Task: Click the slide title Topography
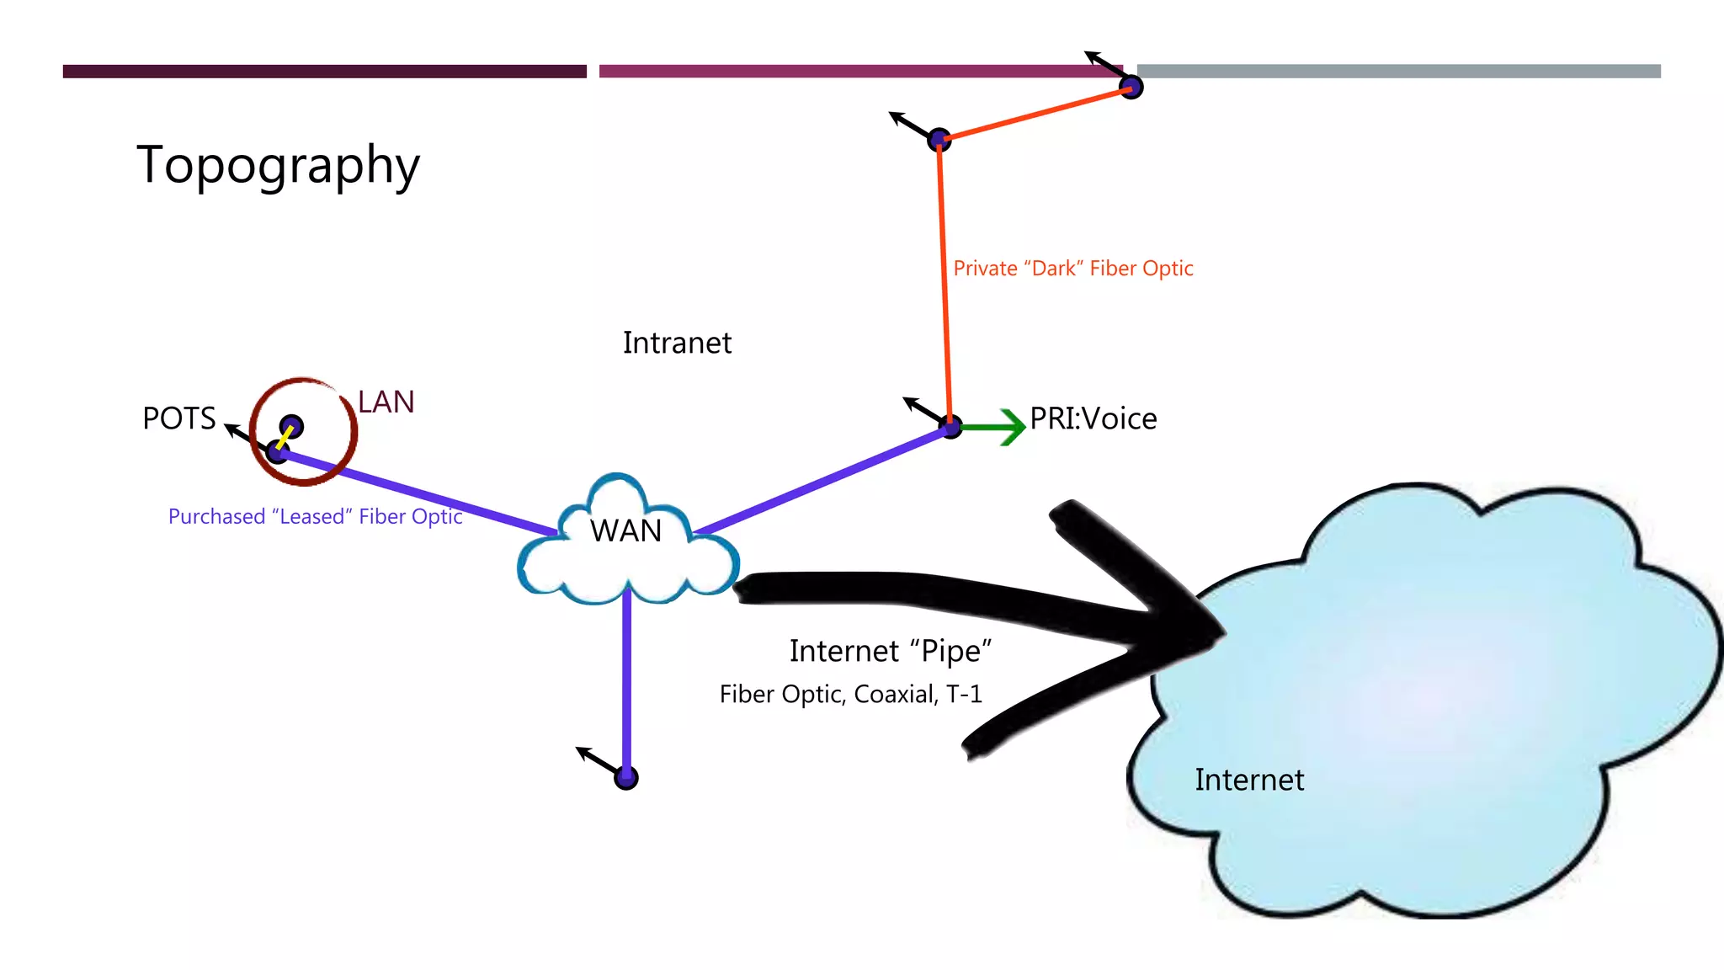[278, 166]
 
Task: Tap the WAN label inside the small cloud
[625, 531]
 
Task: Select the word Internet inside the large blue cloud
[1249, 780]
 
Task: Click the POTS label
[179, 418]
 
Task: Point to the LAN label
[386, 402]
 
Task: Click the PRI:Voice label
[1093, 418]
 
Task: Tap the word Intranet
[677, 344]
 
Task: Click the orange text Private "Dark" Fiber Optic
[1073, 269]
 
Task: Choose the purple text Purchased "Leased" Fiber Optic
[316, 516]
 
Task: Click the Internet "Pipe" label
[891, 651]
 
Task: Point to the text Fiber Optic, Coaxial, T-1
[850, 694]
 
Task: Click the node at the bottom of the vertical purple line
[626, 778]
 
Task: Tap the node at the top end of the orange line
[1131, 87]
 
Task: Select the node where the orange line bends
[939, 139]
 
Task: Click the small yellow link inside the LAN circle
[285, 438]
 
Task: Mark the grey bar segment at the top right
[1398, 72]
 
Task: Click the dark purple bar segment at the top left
[324, 72]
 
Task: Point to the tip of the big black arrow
[1221, 632]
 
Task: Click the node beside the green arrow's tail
[951, 428]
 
